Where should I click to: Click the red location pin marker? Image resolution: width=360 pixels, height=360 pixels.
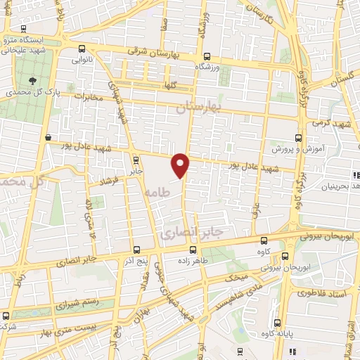[x=181, y=165]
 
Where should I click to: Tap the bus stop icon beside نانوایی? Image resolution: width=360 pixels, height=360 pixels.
[x=83, y=49]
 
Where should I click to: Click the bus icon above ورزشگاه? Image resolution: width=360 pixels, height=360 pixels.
[x=206, y=56]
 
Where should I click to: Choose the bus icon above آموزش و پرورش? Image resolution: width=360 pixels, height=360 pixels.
[x=298, y=139]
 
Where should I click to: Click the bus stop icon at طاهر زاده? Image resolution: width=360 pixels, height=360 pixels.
[x=193, y=250]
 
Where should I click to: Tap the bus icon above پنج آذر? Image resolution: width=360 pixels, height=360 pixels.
[x=137, y=250]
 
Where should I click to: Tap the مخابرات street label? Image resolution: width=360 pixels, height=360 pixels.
[x=89, y=96]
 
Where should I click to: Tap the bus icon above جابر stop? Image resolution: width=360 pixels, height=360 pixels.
[x=136, y=160]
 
